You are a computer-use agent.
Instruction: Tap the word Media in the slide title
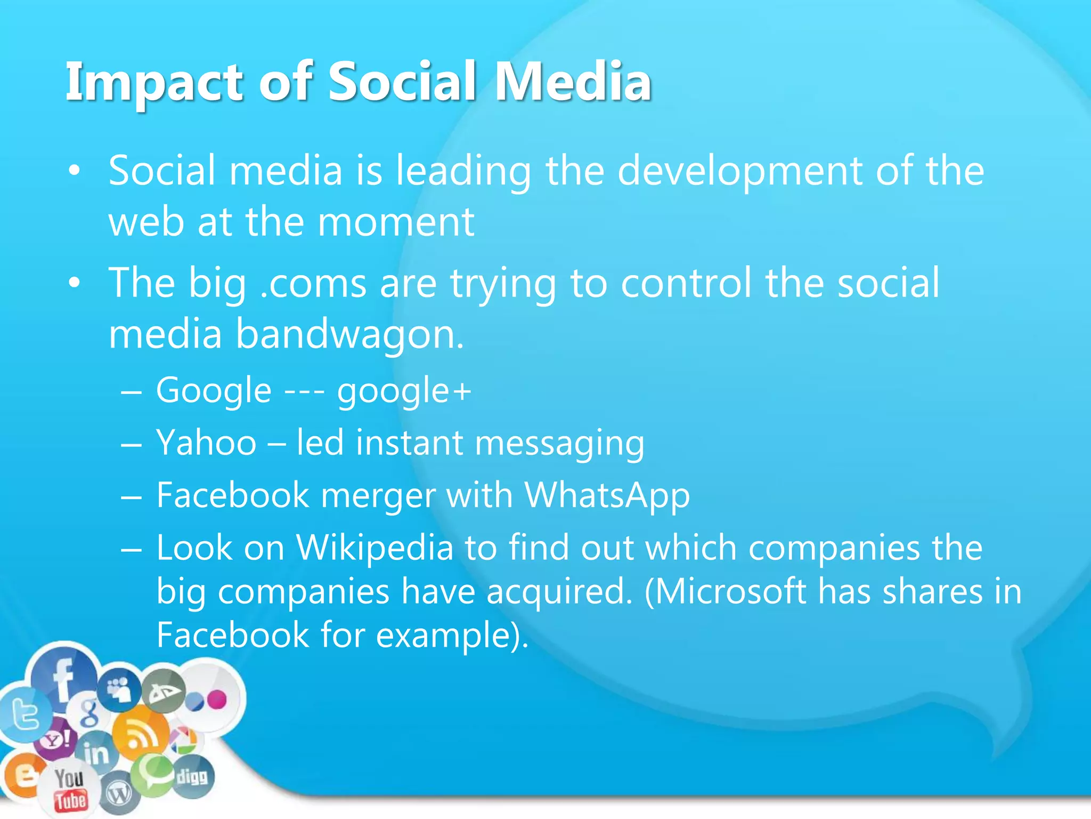(x=573, y=82)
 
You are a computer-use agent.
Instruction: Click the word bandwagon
(x=349, y=335)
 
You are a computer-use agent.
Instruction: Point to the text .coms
(x=313, y=283)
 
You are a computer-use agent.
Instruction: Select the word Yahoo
(x=206, y=443)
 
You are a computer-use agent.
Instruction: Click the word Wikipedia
(x=374, y=548)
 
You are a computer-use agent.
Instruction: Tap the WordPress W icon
(x=119, y=795)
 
